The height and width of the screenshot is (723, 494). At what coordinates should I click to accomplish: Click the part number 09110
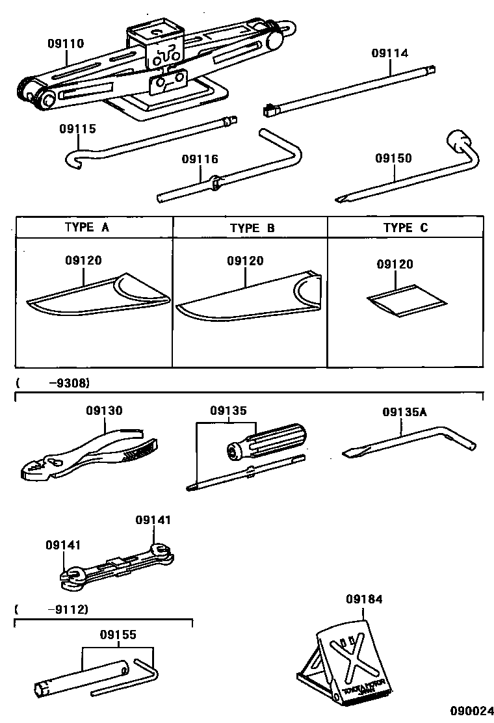[66, 44]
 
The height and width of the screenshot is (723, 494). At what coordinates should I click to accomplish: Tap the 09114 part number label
[390, 53]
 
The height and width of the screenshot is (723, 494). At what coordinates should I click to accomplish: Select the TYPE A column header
[87, 228]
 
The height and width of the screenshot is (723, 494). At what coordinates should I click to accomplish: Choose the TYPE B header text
[252, 228]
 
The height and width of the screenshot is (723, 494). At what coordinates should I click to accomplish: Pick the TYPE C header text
[405, 228]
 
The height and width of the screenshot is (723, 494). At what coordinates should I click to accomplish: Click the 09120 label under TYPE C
[395, 264]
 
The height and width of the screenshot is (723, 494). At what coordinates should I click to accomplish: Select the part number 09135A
[404, 412]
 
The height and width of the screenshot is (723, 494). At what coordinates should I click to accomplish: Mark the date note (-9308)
[53, 382]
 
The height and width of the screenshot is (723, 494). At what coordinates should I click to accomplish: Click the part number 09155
[118, 635]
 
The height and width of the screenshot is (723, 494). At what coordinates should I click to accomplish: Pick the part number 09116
[200, 159]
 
